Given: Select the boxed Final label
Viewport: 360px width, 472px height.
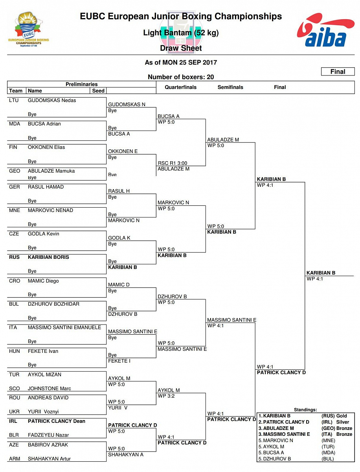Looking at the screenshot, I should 338,72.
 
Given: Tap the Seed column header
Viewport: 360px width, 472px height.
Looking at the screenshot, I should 98,90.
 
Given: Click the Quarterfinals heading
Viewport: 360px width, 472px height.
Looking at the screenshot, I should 180,87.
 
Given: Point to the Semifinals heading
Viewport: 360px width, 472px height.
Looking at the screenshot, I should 230,87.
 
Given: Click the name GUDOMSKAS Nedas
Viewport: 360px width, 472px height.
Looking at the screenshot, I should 52,100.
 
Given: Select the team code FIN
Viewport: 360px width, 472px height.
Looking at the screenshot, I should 14,147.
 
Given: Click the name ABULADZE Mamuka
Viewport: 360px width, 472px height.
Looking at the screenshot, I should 51,171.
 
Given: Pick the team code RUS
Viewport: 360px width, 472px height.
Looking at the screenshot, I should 14,257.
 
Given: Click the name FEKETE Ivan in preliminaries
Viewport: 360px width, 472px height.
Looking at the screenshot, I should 43,351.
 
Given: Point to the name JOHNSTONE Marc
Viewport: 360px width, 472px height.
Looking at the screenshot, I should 49,389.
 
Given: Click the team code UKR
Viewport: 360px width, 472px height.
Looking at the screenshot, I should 15,412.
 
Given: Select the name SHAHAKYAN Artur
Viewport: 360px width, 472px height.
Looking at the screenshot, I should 49,459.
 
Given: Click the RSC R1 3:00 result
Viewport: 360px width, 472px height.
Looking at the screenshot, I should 172,163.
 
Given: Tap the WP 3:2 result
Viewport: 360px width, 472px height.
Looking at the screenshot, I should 166,396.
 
